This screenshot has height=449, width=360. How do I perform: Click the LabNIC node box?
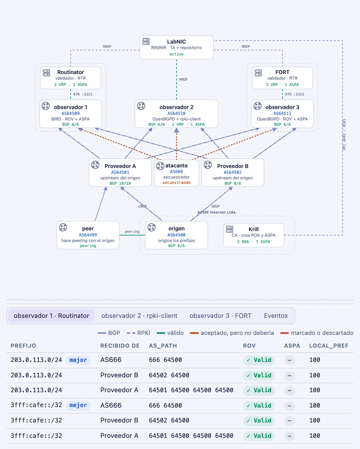176,47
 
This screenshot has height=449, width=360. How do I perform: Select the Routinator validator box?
71,78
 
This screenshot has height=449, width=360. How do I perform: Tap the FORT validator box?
282,78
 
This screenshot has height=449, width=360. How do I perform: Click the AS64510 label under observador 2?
176,113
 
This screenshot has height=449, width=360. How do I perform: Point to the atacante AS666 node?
176,173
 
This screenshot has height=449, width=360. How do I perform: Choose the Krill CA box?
254,235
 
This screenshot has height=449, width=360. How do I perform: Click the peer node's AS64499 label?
88,235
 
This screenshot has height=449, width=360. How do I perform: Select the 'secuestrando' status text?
176,182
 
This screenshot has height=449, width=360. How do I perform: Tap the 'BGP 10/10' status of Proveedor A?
120,183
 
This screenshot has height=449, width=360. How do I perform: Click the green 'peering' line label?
132,232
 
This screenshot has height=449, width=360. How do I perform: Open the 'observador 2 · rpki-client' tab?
139,316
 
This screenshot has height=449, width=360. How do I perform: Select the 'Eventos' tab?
276,316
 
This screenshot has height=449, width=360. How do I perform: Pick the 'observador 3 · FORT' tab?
221,316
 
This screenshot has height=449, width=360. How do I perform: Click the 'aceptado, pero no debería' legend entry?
232,333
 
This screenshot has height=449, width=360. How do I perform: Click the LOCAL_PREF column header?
329,346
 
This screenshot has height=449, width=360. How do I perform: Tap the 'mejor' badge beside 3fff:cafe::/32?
78,405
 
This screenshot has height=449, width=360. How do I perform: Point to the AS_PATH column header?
163,346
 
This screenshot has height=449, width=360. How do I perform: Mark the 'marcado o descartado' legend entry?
317,333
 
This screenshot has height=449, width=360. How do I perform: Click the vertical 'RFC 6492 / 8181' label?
344,134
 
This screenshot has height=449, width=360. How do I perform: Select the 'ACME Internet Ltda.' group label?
217,212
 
